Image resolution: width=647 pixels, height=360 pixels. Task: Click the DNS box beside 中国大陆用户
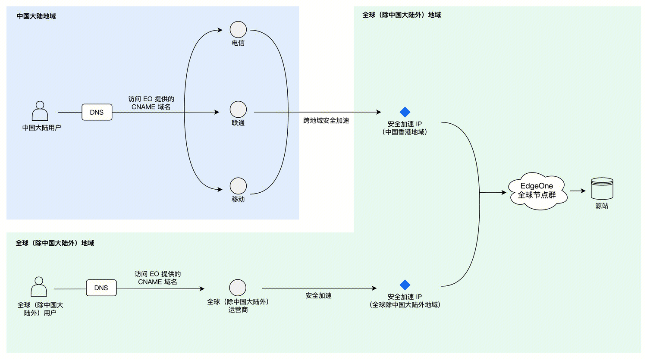coord(97,112)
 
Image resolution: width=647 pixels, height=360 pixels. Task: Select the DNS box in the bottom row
coord(101,288)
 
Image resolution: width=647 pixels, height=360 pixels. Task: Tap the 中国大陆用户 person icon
coord(40,111)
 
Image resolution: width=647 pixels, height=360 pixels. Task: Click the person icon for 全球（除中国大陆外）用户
coord(39,287)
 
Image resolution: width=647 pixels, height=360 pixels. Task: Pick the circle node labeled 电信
coord(238,29)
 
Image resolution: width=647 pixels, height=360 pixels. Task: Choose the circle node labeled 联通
coord(238,110)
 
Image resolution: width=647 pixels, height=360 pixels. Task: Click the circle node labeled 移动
coord(238,186)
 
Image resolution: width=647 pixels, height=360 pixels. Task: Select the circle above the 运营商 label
coord(238,288)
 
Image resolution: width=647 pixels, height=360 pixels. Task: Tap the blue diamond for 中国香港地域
coord(405,112)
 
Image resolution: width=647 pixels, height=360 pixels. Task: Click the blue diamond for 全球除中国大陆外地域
coord(405,285)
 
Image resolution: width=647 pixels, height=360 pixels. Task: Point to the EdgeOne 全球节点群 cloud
coord(537,191)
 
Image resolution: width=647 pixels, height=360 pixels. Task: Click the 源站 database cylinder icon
coord(602,188)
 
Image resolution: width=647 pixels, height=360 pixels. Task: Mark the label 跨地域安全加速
coord(326,121)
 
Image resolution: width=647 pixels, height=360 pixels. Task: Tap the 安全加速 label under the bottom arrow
coord(319,296)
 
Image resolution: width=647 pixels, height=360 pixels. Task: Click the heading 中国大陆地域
coord(36,16)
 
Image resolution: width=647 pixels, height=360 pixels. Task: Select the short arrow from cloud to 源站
coord(578,191)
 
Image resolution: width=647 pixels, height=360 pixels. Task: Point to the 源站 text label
coord(602,206)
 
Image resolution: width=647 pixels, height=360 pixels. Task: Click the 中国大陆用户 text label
coord(41,128)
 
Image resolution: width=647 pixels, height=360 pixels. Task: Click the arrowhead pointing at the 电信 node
coord(220,30)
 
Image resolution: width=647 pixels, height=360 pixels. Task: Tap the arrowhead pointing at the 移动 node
coord(220,189)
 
